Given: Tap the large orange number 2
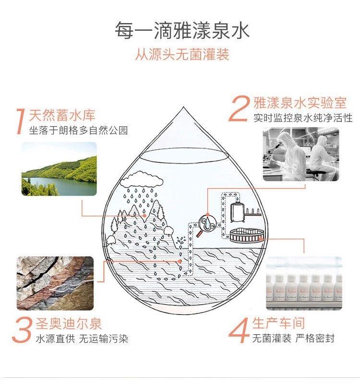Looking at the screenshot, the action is pos(239,109).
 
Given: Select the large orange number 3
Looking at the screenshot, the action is pos(23,330).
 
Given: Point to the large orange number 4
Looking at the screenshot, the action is pos(239,330).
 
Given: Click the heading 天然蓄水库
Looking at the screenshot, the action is pos(62,115).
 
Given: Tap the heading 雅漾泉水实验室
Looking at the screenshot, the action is pos(300,102).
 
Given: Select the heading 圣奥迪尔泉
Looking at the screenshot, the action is pos(69,324).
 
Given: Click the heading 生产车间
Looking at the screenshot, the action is pos(278,323).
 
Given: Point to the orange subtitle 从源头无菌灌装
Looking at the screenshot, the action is pos(182,54).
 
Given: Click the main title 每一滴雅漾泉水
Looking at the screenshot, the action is pos(182,30).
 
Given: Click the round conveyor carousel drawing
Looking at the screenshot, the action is pos(247,235).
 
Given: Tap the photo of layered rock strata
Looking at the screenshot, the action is pos(55,283).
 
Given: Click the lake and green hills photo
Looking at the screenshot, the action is pos(59,169).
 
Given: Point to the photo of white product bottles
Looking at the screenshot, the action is pos(304,283).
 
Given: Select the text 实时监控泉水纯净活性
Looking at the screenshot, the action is pos(303,118).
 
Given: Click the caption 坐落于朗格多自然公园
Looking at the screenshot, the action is pos(79,130).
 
